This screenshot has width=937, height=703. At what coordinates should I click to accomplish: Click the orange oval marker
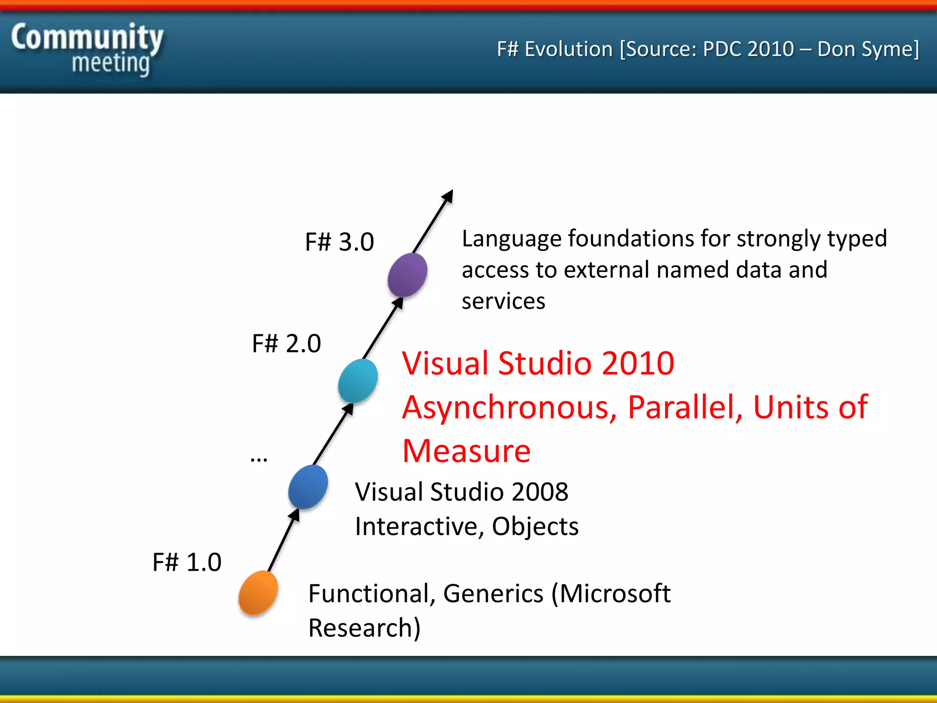point(258,592)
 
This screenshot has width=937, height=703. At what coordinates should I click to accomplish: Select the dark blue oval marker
point(308,487)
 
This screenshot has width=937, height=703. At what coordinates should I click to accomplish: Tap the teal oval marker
point(358,381)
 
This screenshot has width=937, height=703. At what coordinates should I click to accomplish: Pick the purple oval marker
point(407,275)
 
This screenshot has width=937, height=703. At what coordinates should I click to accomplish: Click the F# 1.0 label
point(187,562)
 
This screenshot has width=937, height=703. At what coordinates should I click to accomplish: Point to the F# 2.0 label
point(286,343)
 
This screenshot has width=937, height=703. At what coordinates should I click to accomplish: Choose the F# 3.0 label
point(339,242)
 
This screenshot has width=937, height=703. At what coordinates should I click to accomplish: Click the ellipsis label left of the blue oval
point(259,458)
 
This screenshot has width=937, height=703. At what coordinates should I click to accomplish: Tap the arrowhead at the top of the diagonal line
point(448,196)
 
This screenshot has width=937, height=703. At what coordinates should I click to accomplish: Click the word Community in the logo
point(87,38)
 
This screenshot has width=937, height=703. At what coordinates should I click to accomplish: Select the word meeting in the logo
point(111,63)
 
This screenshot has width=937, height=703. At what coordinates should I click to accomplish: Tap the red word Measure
point(466,451)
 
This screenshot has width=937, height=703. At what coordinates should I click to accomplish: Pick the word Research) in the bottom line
point(364,628)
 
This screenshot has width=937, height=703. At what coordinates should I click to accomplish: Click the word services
point(503,302)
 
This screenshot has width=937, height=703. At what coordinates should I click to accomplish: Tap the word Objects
point(535,527)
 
